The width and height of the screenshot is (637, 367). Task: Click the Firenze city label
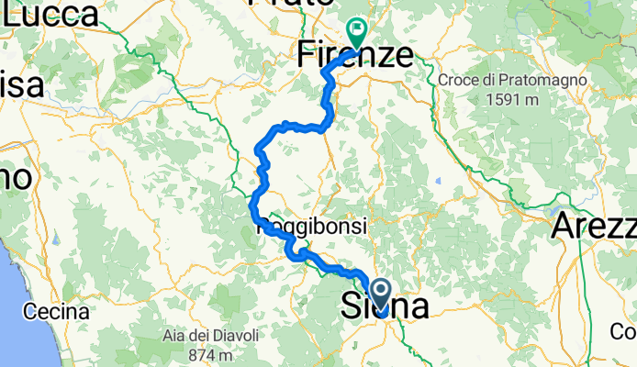(354, 56)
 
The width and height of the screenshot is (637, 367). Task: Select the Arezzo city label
(596, 226)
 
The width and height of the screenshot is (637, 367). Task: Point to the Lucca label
(50, 14)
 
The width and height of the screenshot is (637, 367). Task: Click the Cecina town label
(56, 310)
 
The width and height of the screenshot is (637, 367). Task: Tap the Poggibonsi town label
(312, 226)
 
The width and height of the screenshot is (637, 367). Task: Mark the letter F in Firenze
(307, 56)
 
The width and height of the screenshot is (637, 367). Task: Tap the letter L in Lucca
(12, 14)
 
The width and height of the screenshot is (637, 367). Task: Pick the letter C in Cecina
(30, 310)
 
